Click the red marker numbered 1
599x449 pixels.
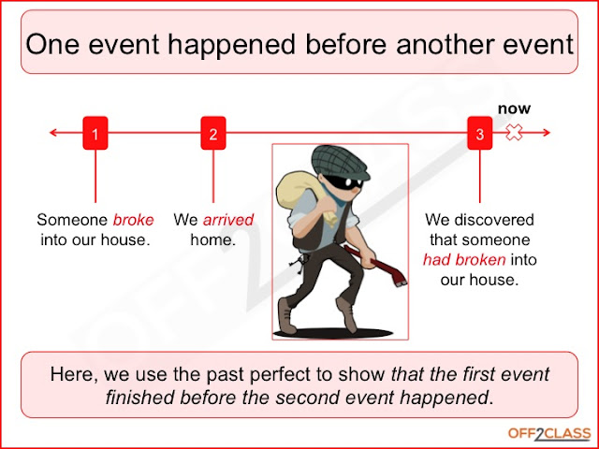(95, 135)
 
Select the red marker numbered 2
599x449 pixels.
(213, 135)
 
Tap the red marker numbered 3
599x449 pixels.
(480, 135)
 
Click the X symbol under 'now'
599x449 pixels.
(514, 134)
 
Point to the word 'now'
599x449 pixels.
(513, 109)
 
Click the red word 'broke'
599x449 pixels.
(133, 221)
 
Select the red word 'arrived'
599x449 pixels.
(227, 221)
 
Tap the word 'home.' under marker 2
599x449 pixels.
(212, 239)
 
